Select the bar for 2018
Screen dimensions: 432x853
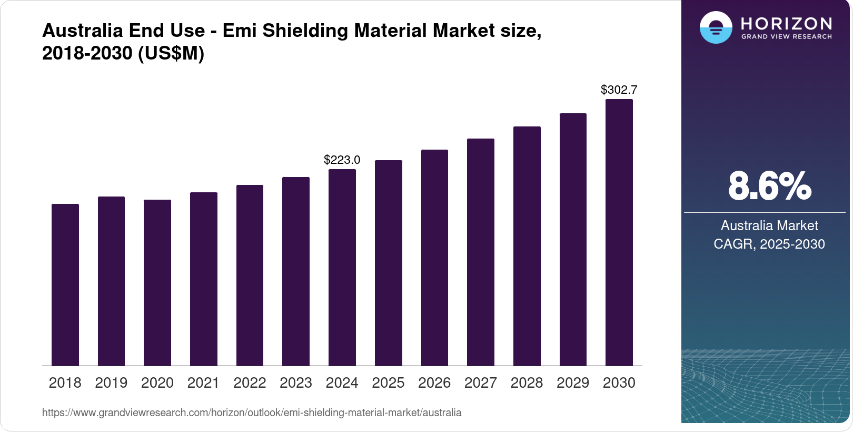(65, 284)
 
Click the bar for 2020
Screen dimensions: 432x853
(157, 282)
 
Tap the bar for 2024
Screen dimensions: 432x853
(342, 267)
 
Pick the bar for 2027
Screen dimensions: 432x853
(480, 252)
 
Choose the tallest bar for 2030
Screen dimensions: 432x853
(619, 232)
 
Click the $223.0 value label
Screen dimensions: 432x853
(342, 160)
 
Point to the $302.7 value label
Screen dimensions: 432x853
(619, 90)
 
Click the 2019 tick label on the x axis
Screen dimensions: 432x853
(111, 383)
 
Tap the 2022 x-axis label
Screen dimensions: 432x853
(250, 383)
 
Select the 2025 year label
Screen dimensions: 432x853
(388, 383)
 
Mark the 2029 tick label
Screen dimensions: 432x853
(573, 383)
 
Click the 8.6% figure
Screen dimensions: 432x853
(769, 186)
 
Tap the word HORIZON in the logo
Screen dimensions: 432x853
(786, 23)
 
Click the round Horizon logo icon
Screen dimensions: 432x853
(716, 27)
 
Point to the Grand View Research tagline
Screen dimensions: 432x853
(786, 37)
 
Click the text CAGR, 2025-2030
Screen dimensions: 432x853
(769, 244)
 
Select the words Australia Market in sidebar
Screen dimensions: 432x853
(769, 225)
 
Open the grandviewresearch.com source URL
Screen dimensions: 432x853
(252, 413)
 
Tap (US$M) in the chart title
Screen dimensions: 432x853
(171, 53)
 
